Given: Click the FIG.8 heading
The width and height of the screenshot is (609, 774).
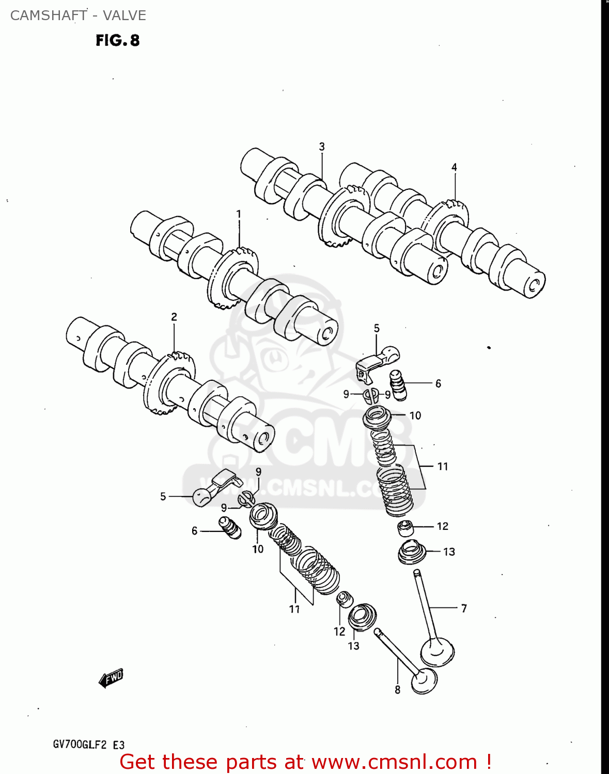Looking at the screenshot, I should click(118, 40).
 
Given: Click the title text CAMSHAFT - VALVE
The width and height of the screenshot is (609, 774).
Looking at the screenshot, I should click(78, 15).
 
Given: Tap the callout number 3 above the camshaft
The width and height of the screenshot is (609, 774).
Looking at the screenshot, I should click(322, 147).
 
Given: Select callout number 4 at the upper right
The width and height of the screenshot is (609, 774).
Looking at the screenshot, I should click(454, 167).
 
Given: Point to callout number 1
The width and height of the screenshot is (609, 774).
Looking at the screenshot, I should click(239, 214).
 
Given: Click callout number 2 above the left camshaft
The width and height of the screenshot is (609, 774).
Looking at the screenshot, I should click(174, 317).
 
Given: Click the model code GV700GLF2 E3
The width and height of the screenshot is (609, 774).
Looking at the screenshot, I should click(88, 745).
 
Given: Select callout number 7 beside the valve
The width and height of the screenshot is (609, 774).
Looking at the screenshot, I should click(464, 608).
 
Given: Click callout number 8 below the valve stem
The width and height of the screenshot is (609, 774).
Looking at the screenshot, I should click(397, 690).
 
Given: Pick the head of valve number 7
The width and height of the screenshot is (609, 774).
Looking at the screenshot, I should click(437, 651).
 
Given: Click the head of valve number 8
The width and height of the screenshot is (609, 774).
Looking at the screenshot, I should click(424, 681).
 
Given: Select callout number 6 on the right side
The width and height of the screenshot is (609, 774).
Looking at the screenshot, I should click(438, 383).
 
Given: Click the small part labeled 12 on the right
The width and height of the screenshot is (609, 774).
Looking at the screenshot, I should click(405, 528).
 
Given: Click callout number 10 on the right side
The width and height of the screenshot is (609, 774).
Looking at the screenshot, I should click(415, 415).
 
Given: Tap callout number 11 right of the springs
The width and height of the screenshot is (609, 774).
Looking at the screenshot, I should click(443, 466).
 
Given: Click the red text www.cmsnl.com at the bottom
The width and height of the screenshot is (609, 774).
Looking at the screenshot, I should click(395, 762).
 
